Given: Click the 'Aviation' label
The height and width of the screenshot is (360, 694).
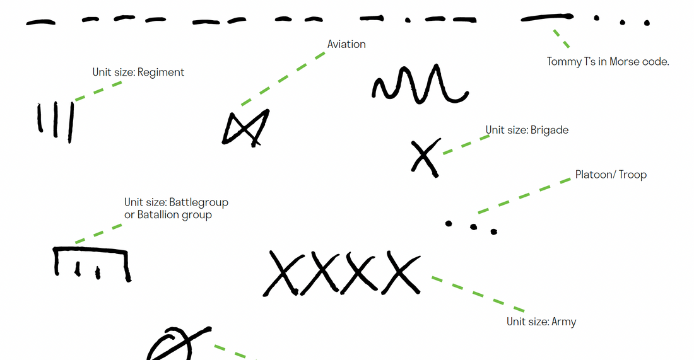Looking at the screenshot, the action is [346, 44].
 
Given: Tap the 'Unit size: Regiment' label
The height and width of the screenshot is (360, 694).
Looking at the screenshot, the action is [138, 72].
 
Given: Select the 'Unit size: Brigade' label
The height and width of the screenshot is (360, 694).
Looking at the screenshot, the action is [527, 130].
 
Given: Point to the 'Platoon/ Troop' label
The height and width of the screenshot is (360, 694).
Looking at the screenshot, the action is [611, 175].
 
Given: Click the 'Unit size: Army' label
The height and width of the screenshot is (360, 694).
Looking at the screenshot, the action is [541, 322].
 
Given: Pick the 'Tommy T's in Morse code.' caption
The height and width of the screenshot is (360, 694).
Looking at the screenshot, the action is [608, 62].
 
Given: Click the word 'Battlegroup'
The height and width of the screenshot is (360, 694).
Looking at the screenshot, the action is [199, 202].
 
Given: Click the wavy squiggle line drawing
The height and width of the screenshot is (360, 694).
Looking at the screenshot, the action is [420, 84].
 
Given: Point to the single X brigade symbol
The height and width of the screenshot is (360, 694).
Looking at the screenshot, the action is [426, 158].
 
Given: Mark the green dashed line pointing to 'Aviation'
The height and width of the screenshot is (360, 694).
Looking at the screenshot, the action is [283, 79].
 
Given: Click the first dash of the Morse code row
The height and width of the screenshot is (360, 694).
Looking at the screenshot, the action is [41, 22].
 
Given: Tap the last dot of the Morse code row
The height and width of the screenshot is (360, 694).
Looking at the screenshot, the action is [647, 23].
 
